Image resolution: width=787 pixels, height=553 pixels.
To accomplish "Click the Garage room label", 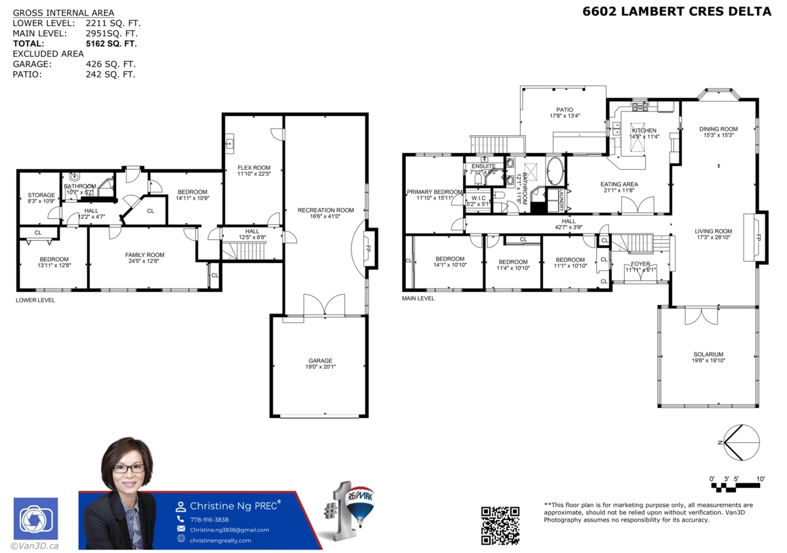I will tap(321, 361).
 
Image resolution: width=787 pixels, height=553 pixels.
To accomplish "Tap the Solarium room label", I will tap(707, 354).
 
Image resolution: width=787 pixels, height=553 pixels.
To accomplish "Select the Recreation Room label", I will tap(325, 211).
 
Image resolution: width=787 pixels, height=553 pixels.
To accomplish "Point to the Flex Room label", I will tap(254, 168).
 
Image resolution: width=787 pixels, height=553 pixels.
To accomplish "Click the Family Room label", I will tap(145, 255).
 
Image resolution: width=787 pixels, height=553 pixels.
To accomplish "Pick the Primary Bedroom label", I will tap(434, 192).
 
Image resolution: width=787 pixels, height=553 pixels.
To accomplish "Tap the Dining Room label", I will tap(718, 129).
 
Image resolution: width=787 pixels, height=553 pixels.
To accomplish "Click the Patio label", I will tap(564, 110).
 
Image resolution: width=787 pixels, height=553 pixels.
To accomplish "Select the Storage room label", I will tap(41, 195).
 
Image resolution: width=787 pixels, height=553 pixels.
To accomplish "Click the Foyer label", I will tap(640, 264).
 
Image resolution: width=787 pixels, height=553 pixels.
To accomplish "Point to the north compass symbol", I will tap(740, 443).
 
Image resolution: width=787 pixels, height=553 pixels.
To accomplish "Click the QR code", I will tap(500, 525).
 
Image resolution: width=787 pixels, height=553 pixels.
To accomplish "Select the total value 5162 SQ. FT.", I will tap(111, 44).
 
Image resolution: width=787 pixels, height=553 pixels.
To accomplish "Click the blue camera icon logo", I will tap(35, 519).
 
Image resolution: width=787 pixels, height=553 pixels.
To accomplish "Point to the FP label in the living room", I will tap(758, 237).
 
